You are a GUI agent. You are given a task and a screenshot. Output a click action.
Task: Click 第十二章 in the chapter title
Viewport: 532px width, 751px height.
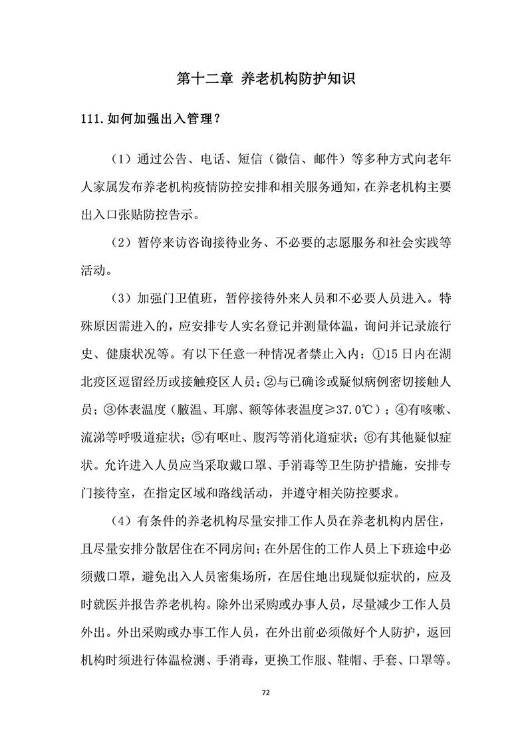pos(204,78)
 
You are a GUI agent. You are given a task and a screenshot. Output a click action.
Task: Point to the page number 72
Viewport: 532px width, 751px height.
pos(265,694)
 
